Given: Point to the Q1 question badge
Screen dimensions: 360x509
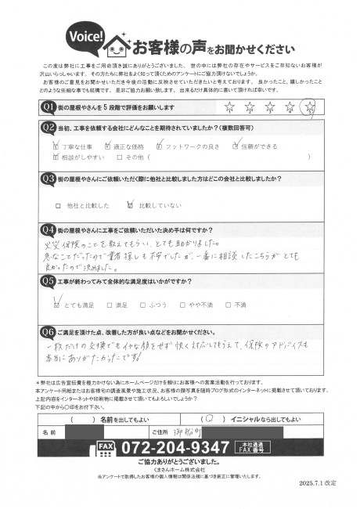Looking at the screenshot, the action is (x=47, y=106).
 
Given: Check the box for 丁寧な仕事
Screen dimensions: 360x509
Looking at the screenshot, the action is (x=56, y=146).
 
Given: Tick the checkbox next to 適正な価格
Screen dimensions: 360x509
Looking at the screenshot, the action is (x=110, y=146).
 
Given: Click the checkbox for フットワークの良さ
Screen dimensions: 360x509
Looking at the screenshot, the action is (x=160, y=146).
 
